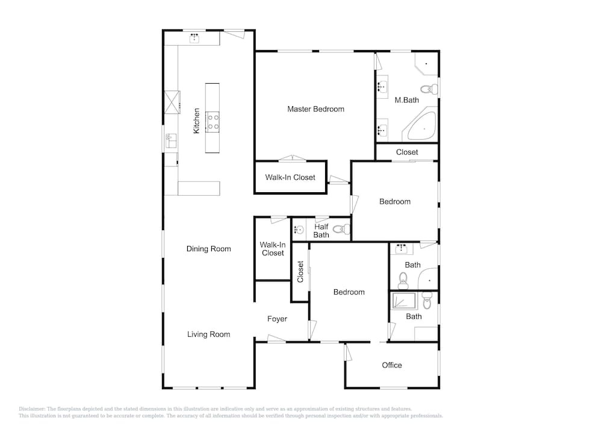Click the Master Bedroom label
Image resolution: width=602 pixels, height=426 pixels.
[x=315, y=109]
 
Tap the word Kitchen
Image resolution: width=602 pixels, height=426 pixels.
[x=196, y=121]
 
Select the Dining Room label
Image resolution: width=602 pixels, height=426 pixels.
[x=208, y=249]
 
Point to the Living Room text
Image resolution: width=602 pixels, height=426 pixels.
[x=208, y=334]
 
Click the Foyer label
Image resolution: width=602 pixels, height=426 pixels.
[x=277, y=319]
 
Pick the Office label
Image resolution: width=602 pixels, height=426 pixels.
[x=392, y=365]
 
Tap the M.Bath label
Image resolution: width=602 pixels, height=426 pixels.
[x=406, y=100]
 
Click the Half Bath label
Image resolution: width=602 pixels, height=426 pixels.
[x=321, y=231]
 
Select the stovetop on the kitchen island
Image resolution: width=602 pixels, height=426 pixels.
[x=213, y=122]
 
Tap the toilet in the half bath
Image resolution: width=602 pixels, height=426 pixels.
[x=341, y=230]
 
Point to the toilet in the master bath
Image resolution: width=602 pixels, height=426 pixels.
[x=429, y=89]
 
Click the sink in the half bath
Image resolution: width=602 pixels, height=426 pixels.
[x=299, y=230]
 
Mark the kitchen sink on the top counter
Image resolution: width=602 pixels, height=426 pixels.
[x=194, y=38]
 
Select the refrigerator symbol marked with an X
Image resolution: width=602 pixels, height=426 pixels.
[x=172, y=102]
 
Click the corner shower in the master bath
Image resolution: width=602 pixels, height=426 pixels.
[x=427, y=64]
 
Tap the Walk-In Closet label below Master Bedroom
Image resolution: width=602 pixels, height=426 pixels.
[x=290, y=178]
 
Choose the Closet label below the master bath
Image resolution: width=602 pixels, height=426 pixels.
[x=407, y=152]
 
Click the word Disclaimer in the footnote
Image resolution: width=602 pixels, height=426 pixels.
[x=32, y=409]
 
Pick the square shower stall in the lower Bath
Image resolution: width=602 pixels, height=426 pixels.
[x=404, y=301]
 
